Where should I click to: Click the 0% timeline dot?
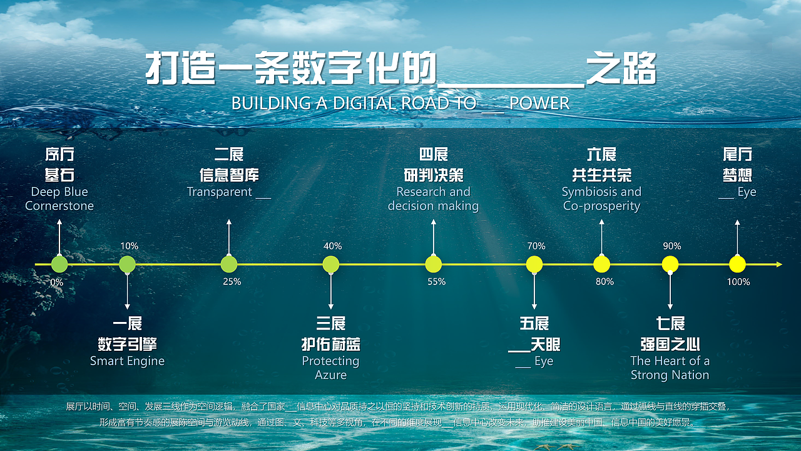(x=59, y=264)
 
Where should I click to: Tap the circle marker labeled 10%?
(x=127, y=264)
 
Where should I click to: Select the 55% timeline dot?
(x=433, y=264)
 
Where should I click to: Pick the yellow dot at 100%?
(x=738, y=264)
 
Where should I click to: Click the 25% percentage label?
(x=232, y=282)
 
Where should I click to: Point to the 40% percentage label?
(x=332, y=246)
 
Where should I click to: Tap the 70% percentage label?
(x=536, y=246)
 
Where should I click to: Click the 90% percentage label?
(x=672, y=246)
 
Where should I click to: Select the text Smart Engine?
(x=127, y=361)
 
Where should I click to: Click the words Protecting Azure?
(x=330, y=368)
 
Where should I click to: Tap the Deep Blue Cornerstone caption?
(x=59, y=199)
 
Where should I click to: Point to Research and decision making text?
(x=433, y=199)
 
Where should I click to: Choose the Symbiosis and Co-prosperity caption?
(x=601, y=199)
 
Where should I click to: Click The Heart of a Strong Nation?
(x=670, y=368)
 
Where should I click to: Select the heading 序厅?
(x=59, y=155)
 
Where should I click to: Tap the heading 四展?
(x=433, y=155)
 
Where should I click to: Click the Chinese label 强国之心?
(x=670, y=345)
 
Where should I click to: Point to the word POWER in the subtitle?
(x=539, y=103)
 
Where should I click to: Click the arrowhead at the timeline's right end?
(x=779, y=264)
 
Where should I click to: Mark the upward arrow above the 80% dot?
(x=601, y=235)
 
